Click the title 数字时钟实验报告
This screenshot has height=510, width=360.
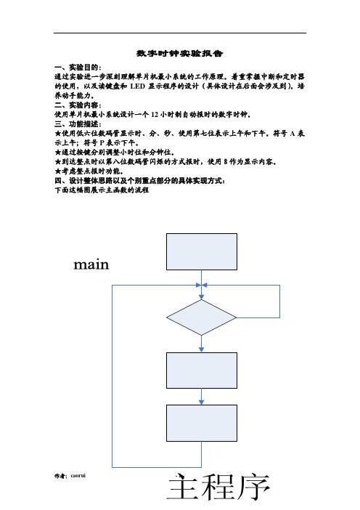[x=180, y=53]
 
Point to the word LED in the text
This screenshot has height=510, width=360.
[x=137, y=86]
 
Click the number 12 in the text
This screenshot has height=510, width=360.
[x=155, y=115]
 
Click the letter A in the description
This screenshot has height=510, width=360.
[x=292, y=134]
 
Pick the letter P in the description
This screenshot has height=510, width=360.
[x=102, y=143]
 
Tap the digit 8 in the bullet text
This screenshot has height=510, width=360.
[x=226, y=162]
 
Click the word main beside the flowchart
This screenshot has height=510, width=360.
[x=91, y=264]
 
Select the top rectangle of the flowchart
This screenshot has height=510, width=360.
[x=202, y=252]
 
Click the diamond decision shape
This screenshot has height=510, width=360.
[x=202, y=317]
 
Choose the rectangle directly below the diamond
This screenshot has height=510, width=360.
[x=202, y=371]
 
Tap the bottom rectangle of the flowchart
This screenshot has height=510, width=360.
[x=202, y=423]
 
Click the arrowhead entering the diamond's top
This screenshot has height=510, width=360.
[x=202, y=297]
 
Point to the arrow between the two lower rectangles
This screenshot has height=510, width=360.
[x=202, y=397]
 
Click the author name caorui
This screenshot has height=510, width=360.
[x=78, y=476]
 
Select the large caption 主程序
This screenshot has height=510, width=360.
[x=218, y=487]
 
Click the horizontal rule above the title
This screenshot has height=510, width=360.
[x=180, y=33]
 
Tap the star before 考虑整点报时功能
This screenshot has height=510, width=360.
[x=58, y=171]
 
